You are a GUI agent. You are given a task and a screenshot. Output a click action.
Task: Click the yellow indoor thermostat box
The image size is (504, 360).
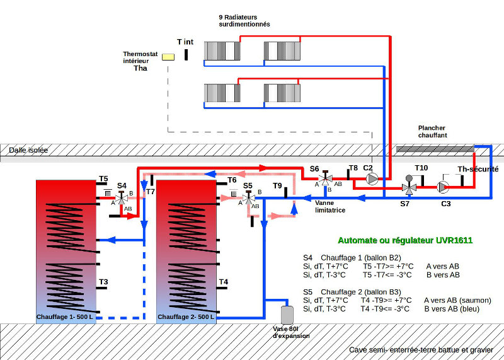coord(168,57)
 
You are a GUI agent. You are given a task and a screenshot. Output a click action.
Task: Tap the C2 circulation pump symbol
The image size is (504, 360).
coord(372,179)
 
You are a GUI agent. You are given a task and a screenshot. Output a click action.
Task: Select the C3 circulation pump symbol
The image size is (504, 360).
coord(443,187)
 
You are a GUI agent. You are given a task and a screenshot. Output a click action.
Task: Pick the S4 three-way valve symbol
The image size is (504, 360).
coord(121,198)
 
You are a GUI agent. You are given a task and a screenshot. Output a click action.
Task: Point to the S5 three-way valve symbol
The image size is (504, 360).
coord(248,198)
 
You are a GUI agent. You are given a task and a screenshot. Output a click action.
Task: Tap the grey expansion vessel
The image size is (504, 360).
coord(287,315)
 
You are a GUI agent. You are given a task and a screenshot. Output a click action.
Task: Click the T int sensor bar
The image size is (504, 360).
coord(186,54)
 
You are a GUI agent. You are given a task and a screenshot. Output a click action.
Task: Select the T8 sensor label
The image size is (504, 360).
coord(353,168)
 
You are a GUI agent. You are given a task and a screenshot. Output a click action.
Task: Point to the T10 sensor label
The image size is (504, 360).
coord(421,168)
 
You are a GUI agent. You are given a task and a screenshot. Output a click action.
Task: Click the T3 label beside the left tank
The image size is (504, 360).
coord(103,282)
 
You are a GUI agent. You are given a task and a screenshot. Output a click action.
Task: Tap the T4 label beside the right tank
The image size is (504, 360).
coord(224,282)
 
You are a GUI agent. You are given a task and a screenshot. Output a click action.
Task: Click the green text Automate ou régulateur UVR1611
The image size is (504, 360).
coord(405,240)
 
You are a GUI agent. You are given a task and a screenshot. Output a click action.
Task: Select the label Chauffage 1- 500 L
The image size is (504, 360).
coord(65,317)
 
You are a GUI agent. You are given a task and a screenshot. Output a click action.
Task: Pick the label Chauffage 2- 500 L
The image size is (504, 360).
coord(186,317)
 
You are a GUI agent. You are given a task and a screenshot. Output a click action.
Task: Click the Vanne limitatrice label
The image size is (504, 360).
coord(330,207)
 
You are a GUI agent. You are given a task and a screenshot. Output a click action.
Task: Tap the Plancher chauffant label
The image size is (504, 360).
coord(432,132)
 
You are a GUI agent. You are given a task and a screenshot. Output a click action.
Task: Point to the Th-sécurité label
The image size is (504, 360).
coord(478,169)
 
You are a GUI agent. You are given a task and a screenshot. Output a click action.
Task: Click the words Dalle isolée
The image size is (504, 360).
coord(28,150)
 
